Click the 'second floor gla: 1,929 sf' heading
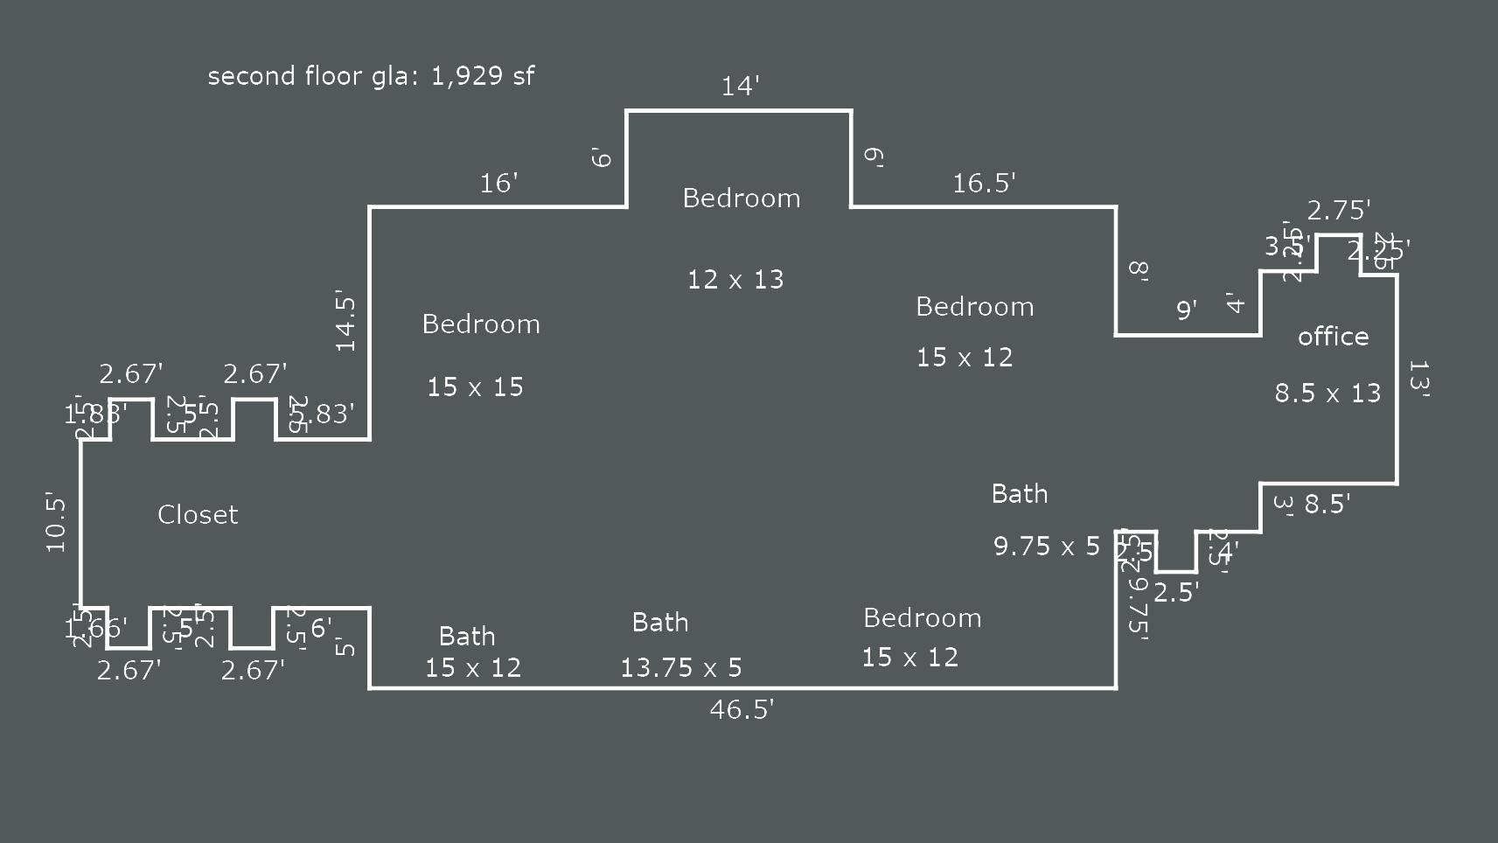(371, 76)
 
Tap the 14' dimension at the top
(740, 87)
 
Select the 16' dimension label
(498, 184)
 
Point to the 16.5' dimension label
(984, 184)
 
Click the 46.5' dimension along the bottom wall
(742, 709)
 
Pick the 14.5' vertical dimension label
(346, 324)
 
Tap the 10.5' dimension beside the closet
(56, 523)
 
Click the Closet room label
(198, 515)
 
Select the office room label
(1333, 337)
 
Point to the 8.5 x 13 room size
(1327, 394)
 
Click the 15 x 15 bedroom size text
(475, 387)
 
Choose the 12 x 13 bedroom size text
(735, 280)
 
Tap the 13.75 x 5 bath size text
(680, 669)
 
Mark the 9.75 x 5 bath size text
(1046, 547)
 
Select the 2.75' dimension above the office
(1338, 211)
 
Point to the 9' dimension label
(1186, 310)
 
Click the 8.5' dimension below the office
(1327, 505)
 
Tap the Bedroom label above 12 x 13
(742, 199)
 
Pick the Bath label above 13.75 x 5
(660, 623)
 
